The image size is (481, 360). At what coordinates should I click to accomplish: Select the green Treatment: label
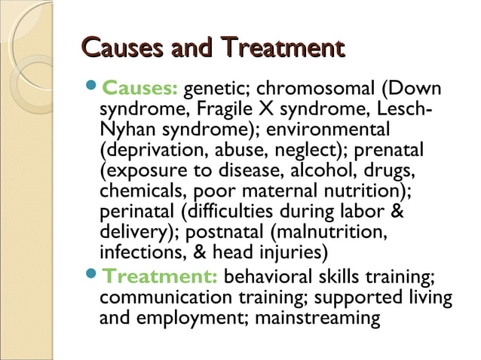coord(160,276)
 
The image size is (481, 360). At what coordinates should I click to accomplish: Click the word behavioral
coord(277,276)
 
